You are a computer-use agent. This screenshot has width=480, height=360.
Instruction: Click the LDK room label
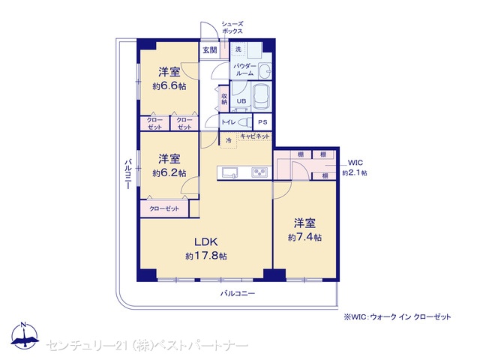click(x=206, y=241)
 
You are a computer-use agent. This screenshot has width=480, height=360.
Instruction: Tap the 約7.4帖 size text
click(x=304, y=238)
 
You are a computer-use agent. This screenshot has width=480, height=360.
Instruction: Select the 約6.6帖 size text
click(x=169, y=86)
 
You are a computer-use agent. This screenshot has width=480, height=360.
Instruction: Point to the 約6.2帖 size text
click(x=169, y=173)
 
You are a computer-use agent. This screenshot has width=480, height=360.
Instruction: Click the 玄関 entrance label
click(x=210, y=50)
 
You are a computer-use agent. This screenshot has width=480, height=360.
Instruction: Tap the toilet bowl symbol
click(x=244, y=122)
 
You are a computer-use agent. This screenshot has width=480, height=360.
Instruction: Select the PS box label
click(x=262, y=122)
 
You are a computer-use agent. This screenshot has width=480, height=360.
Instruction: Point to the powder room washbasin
click(x=265, y=70)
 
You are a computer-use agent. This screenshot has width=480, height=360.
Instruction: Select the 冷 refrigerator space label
click(x=228, y=140)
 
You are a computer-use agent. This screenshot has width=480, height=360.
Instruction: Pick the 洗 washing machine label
click(x=238, y=49)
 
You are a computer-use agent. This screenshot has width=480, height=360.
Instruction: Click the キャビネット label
click(x=255, y=136)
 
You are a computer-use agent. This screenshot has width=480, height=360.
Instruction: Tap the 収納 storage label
click(x=224, y=98)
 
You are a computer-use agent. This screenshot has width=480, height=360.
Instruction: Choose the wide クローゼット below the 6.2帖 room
click(x=164, y=208)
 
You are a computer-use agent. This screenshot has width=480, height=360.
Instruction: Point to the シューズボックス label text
click(x=232, y=28)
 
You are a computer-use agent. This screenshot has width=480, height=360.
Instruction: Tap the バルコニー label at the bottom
click(x=238, y=294)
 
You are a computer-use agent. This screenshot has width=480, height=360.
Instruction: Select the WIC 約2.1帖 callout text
click(x=355, y=168)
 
